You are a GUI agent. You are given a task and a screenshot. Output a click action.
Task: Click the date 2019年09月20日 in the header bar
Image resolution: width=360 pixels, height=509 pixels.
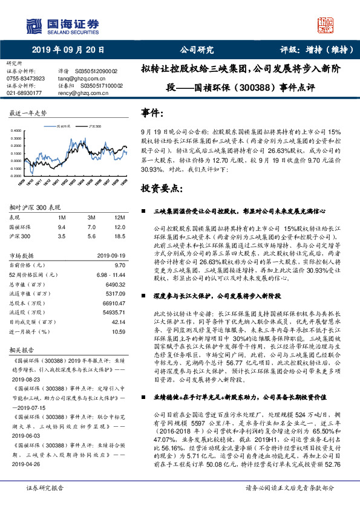tap(64, 50)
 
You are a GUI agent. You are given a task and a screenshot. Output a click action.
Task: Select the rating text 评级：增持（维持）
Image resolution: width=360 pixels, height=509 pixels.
tap(315, 50)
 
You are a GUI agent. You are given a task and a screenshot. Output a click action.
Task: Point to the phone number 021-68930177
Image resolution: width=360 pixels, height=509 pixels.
tap(24, 93)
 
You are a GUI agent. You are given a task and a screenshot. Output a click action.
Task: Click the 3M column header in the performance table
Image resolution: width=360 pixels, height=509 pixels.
tap(92, 216)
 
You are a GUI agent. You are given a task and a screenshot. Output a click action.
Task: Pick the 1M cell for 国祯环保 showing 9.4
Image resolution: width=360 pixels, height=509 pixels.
tap(61, 226)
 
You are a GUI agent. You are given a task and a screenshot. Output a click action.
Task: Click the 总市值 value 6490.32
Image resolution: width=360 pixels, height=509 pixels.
tap(113, 284)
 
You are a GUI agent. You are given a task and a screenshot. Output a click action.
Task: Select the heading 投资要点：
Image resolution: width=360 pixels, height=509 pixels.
tap(162, 189)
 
